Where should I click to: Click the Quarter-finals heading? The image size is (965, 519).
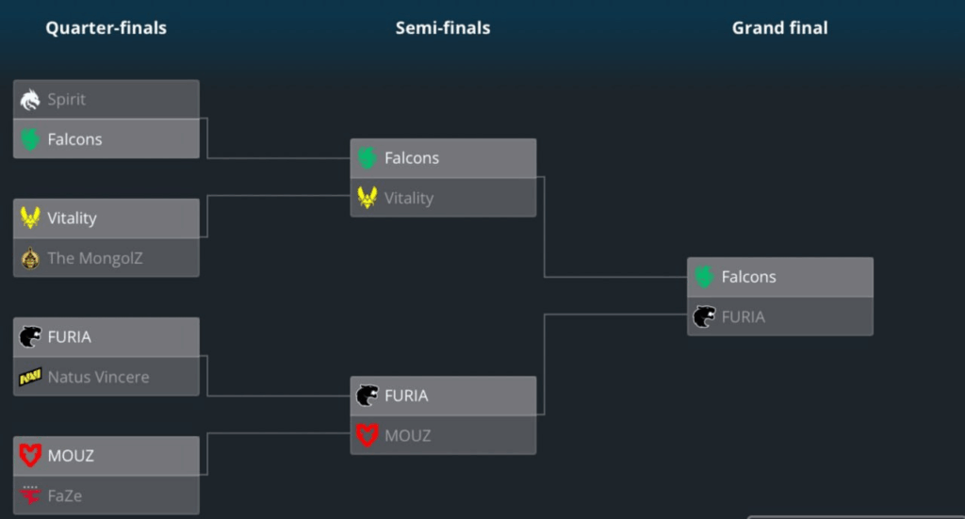pyautogui.click(x=106, y=28)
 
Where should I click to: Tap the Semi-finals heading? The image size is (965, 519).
pyautogui.click(x=443, y=28)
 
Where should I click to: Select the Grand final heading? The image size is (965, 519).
pyautogui.click(x=779, y=28)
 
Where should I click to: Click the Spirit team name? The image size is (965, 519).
pyautogui.click(x=66, y=99)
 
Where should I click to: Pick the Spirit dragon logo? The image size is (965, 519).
pyautogui.click(x=30, y=99)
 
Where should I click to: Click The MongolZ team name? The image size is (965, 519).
pyautogui.click(x=95, y=258)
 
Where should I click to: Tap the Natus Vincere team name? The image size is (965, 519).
pyautogui.click(x=98, y=377)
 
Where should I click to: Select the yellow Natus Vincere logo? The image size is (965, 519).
pyautogui.click(x=30, y=377)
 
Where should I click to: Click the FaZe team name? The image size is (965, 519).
pyautogui.click(x=65, y=495)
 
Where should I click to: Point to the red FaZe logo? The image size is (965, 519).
pyautogui.click(x=30, y=495)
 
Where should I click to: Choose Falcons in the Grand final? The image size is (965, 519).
pyautogui.click(x=748, y=277)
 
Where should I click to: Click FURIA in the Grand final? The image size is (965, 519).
pyautogui.click(x=743, y=316)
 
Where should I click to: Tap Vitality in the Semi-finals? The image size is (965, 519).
pyautogui.click(x=409, y=198)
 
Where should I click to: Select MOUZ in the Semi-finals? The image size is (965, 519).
pyautogui.click(x=407, y=435)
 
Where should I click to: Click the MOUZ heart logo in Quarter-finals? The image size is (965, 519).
pyautogui.click(x=30, y=456)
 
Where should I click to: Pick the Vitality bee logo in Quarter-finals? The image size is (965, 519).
pyautogui.click(x=30, y=218)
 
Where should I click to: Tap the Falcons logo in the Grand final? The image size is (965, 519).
pyautogui.click(x=704, y=277)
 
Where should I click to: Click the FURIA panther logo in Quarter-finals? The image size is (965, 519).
pyautogui.click(x=30, y=336)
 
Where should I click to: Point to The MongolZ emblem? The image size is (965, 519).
pyautogui.click(x=30, y=258)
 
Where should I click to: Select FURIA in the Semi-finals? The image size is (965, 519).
pyautogui.click(x=406, y=396)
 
